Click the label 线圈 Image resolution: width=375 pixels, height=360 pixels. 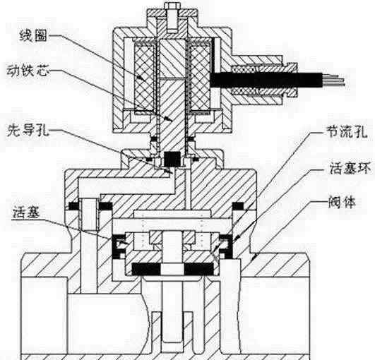(x=33, y=36)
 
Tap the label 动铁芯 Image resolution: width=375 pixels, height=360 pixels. (x=28, y=71)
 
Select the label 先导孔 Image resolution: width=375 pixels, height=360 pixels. (x=28, y=131)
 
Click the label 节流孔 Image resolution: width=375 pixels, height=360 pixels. (x=347, y=131)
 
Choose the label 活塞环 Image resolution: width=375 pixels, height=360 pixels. (x=350, y=168)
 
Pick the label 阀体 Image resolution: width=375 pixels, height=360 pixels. (x=342, y=202)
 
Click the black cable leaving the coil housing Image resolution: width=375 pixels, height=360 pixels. (x=266, y=80)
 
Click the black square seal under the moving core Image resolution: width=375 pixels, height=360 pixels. (x=172, y=160)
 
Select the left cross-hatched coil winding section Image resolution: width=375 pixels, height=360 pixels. (x=145, y=78)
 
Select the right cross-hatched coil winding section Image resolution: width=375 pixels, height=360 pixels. (x=200, y=78)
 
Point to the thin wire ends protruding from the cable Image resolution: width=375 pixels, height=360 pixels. (x=333, y=80)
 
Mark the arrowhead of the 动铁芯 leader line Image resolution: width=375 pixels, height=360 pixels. (x=169, y=119)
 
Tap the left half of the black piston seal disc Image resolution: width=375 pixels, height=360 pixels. (x=147, y=269)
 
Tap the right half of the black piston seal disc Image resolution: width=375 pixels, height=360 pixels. (x=199, y=269)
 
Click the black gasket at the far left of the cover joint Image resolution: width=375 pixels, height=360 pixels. (x=73, y=206)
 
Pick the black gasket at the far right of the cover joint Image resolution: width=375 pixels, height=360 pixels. (x=238, y=206)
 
